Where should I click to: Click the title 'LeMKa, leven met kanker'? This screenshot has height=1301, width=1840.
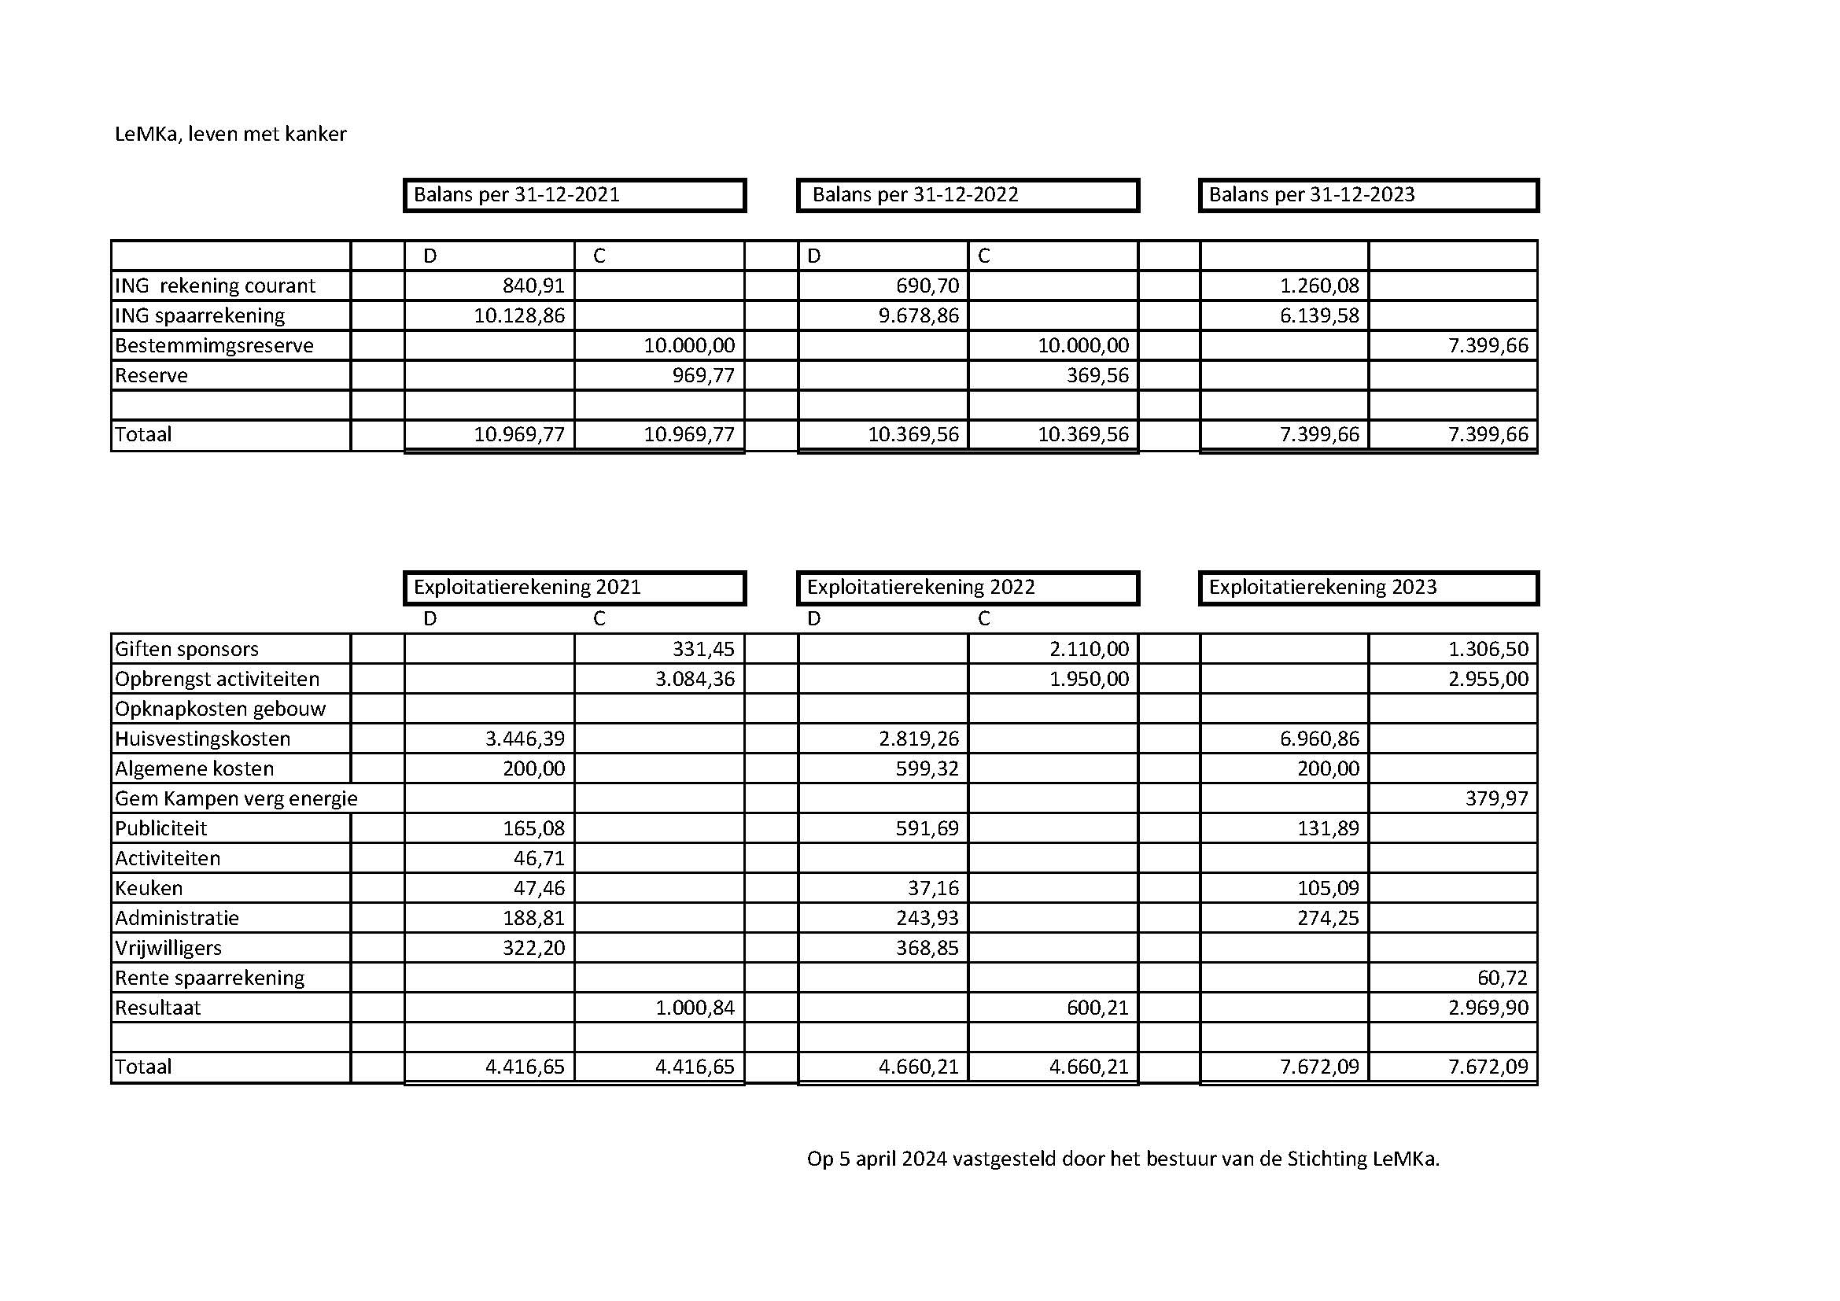pos(230,134)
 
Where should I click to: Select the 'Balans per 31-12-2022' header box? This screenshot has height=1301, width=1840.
pos(968,196)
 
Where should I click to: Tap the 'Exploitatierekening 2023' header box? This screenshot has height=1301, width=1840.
pos(1368,588)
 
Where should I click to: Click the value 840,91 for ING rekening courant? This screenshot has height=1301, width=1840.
pos(533,286)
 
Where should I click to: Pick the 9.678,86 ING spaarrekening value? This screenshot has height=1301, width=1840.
pos(918,315)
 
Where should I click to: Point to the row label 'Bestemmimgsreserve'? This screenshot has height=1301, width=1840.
pos(214,346)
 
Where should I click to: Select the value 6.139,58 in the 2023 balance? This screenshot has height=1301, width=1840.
pos(1319,315)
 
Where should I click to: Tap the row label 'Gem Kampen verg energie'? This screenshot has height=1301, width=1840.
pos(236,798)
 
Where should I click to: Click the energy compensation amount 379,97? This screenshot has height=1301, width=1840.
pos(1496,798)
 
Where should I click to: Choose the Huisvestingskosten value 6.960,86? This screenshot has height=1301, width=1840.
pos(1319,739)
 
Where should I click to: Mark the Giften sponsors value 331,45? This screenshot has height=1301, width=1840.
pos(702,649)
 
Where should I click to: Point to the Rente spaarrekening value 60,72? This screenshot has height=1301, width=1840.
pos(1502,979)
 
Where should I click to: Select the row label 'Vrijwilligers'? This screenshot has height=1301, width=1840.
pos(168,949)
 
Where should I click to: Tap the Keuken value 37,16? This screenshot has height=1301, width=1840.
pos(935,888)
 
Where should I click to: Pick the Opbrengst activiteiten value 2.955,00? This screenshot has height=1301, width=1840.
pos(1488,680)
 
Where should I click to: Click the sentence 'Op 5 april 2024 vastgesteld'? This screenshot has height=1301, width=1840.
pos(1123,1159)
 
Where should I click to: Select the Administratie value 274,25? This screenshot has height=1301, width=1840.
pos(1328,918)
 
